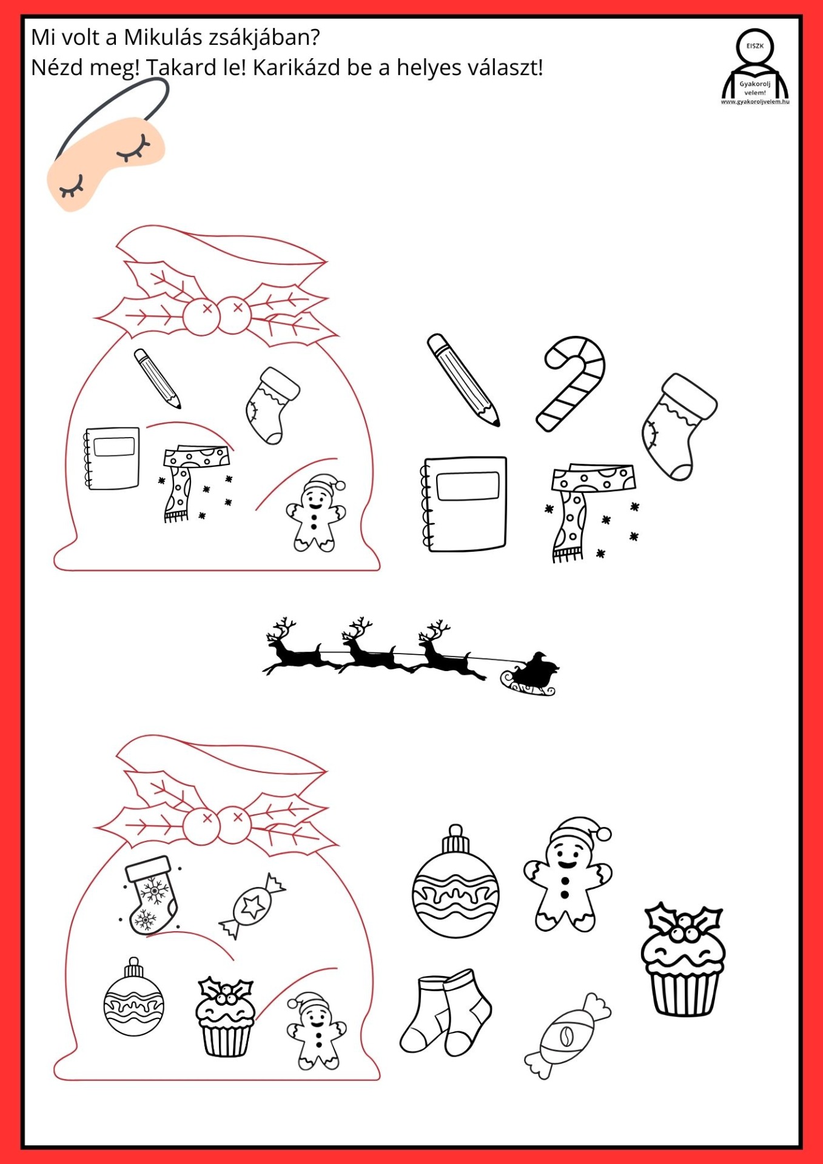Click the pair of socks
[446, 1012]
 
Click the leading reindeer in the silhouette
[293, 647]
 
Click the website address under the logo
[755, 102]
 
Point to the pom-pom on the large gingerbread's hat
[603, 834]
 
